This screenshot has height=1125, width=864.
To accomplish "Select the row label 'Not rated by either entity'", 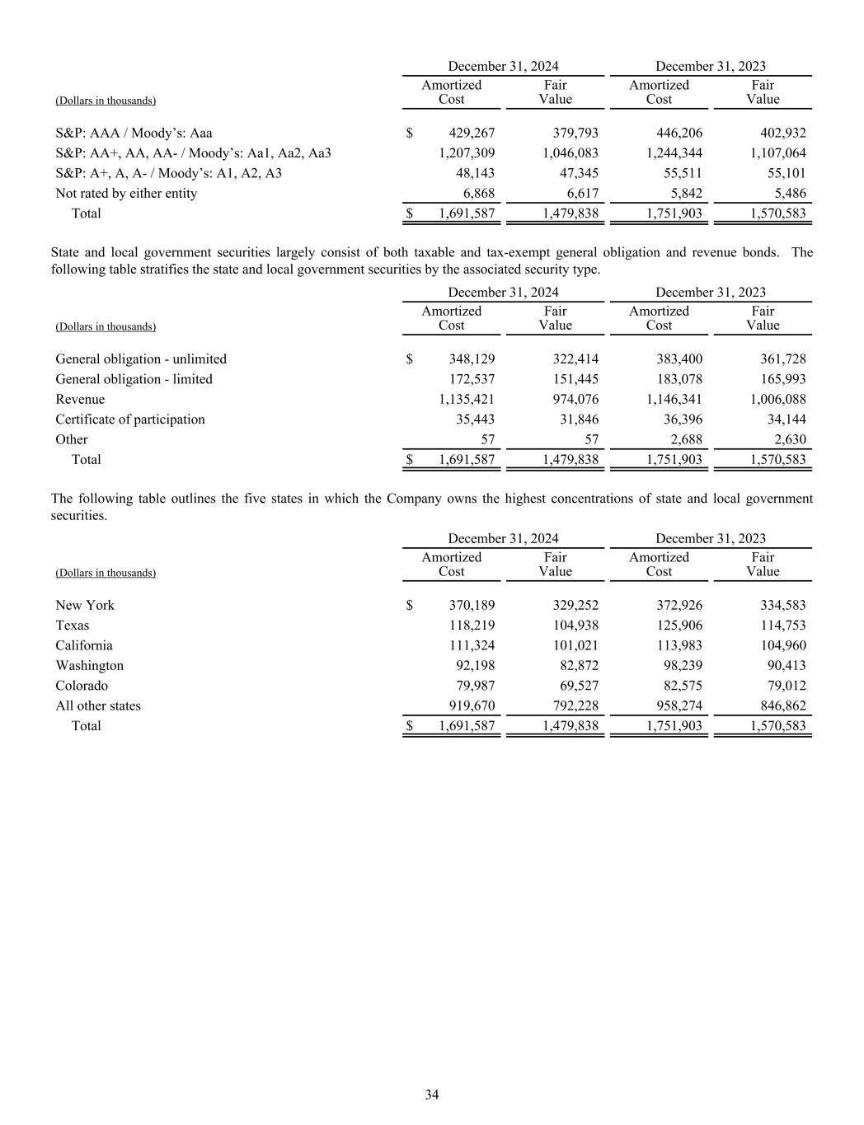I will point(126,193).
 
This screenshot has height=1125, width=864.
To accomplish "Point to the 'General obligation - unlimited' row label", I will point(141,359).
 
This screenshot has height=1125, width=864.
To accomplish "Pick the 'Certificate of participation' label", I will point(130,419).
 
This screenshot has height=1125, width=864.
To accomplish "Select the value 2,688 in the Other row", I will point(686,439).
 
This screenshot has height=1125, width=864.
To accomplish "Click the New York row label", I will point(85,605).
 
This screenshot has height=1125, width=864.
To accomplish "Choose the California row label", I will point(84,645).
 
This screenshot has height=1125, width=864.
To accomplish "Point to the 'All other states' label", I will point(98,705).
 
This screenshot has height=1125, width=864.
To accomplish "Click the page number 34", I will point(432,1095).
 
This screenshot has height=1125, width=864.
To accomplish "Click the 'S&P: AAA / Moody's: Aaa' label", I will point(134,133).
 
